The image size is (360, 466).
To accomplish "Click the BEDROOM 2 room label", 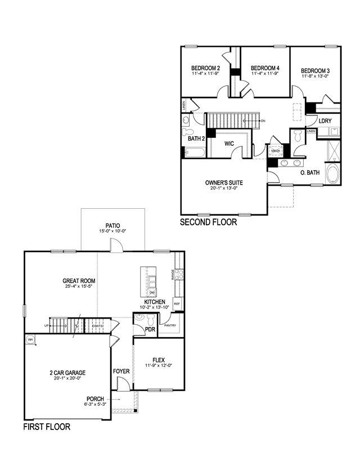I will coord(205,69).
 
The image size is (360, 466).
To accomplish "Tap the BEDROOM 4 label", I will coord(265,69).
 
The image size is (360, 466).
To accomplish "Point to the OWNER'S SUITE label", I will coord(223,182).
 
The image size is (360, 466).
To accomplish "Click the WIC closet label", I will coord(229,144).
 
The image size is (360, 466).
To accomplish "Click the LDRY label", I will coord(325,121).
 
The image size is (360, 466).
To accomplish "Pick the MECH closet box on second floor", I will coord(275,151).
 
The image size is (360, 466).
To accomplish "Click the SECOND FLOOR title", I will coord(208,222).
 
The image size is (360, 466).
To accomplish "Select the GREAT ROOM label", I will coord(79,281).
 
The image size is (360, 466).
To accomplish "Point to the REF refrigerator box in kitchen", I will coord(177,304).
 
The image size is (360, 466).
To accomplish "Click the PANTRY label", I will coord(169,325).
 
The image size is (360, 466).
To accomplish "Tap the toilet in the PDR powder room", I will coord(139,321).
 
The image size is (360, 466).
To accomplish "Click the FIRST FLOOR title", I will coord(47,427).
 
